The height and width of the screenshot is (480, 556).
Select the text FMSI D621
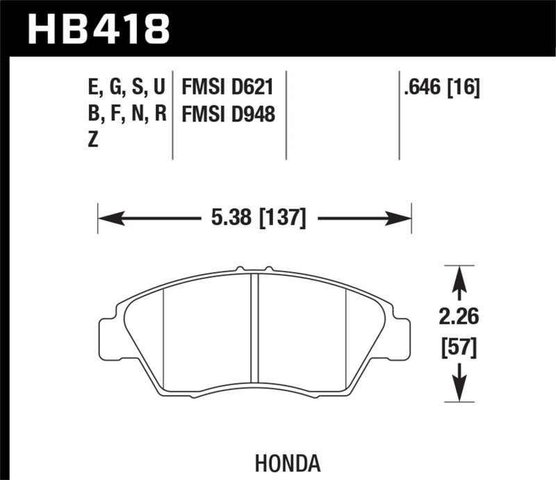pyautogui.click(x=227, y=88)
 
